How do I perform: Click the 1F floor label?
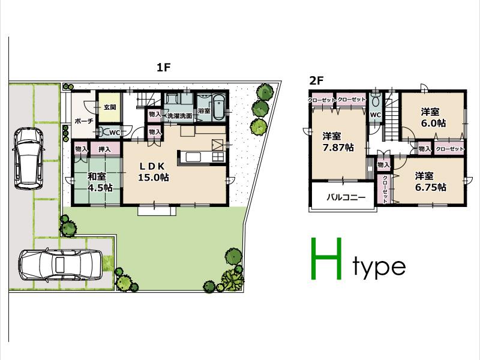pos(164,68)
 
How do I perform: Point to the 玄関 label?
pos(110,108)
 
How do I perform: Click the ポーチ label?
pos(83,121)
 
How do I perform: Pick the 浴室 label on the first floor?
pos(203,111)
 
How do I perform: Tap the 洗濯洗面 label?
pos(179,115)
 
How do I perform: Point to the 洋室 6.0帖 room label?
pos(432,117)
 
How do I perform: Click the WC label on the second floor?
pos(376,115)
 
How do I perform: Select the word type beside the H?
pos(379,267)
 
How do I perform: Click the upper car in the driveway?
pos(27,157)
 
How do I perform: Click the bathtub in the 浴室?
pos(218,107)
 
